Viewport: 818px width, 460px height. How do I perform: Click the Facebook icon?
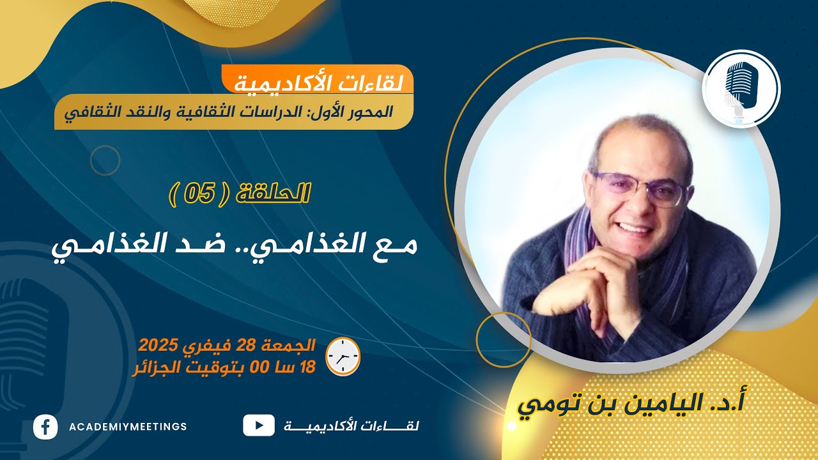tap(45, 426)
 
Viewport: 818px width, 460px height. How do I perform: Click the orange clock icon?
tap(343, 356)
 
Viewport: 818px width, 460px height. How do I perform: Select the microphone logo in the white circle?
tap(741, 89)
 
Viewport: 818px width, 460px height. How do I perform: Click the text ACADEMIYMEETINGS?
tap(127, 427)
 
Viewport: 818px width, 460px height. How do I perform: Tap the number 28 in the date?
tap(245, 347)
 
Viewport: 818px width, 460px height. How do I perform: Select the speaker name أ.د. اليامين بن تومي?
tap(633, 404)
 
